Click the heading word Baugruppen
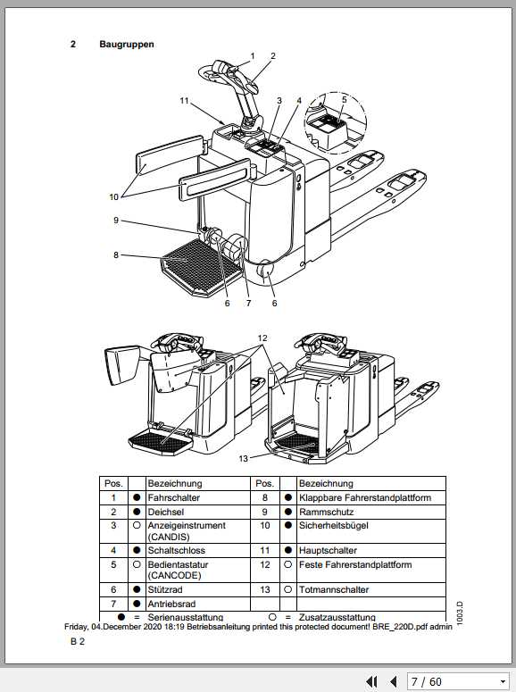[121, 43]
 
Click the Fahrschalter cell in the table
[173, 496]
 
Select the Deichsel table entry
[164, 512]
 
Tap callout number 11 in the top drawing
[184, 101]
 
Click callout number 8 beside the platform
[115, 255]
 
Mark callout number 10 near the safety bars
[114, 196]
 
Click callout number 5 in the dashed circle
[345, 100]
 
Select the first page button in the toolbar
[372, 681]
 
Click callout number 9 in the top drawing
[115, 221]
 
